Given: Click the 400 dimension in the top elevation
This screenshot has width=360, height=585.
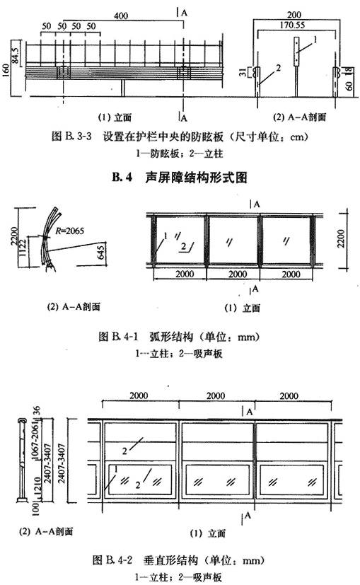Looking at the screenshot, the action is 121,16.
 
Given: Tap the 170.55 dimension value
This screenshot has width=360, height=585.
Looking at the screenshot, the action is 293,25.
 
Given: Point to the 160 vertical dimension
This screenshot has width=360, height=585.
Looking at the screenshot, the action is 6,71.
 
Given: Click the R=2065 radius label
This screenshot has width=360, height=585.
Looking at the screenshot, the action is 70,231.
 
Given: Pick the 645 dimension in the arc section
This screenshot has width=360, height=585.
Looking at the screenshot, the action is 100,253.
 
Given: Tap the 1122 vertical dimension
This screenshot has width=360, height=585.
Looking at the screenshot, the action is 23,248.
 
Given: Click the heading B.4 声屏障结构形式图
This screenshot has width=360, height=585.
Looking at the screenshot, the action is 180,178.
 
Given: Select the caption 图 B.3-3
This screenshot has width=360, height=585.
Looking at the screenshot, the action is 71,137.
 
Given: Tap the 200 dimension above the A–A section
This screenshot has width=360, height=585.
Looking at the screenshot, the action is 294,15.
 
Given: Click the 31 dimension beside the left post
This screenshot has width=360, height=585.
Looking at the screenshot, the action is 243,72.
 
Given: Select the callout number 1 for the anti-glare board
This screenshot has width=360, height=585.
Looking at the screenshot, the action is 315,39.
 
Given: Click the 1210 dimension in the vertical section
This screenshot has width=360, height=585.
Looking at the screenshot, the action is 37,485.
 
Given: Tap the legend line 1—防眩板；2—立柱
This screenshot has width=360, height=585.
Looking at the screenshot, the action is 180,154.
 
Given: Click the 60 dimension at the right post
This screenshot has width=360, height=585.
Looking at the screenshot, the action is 349,86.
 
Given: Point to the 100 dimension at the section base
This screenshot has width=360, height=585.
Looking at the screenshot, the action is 36,509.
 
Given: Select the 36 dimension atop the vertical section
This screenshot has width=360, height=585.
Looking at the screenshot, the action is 36,411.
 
